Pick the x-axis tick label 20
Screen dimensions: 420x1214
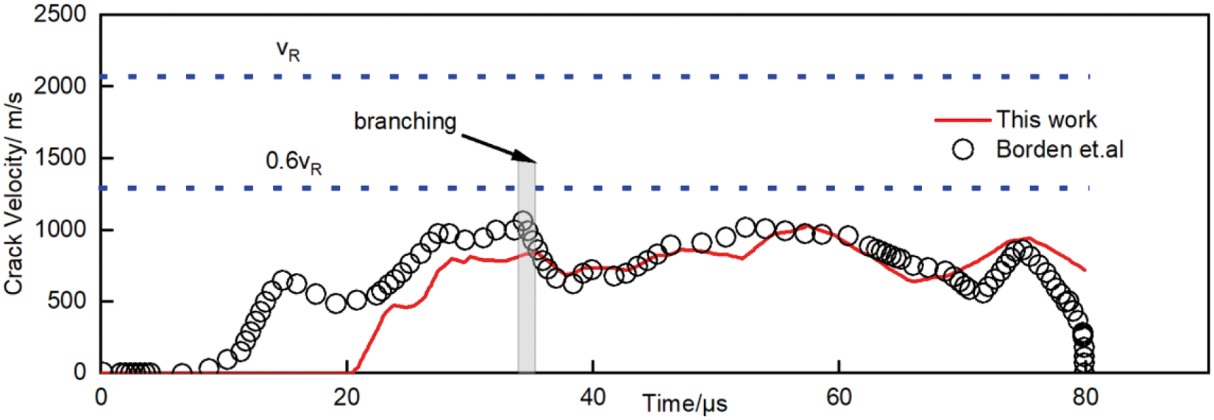click(x=347, y=398)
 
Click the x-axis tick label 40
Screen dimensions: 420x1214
click(x=592, y=398)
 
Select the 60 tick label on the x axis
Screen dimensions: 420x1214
click(x=839, y=398)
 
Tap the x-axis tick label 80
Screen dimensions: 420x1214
click(x=1085, y=398)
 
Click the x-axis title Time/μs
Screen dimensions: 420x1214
click(x=685, y=404)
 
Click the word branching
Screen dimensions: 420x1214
click(x=405, y=121)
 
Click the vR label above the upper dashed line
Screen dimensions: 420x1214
click(x=288, y=50)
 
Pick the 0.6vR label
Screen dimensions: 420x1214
click(x=294, y=162)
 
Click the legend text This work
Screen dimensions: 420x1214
click(x=1046, y=119)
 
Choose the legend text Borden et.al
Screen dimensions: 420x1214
click(x=1059, y=149)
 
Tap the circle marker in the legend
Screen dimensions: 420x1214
click(x=962, y=149)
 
